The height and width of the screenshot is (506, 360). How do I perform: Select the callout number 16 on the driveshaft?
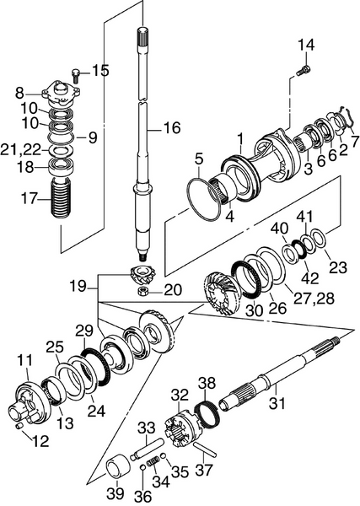point(171,128)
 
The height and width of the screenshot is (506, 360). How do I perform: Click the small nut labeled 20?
point(144,291)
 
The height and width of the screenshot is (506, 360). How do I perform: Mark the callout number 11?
point(24,361)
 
